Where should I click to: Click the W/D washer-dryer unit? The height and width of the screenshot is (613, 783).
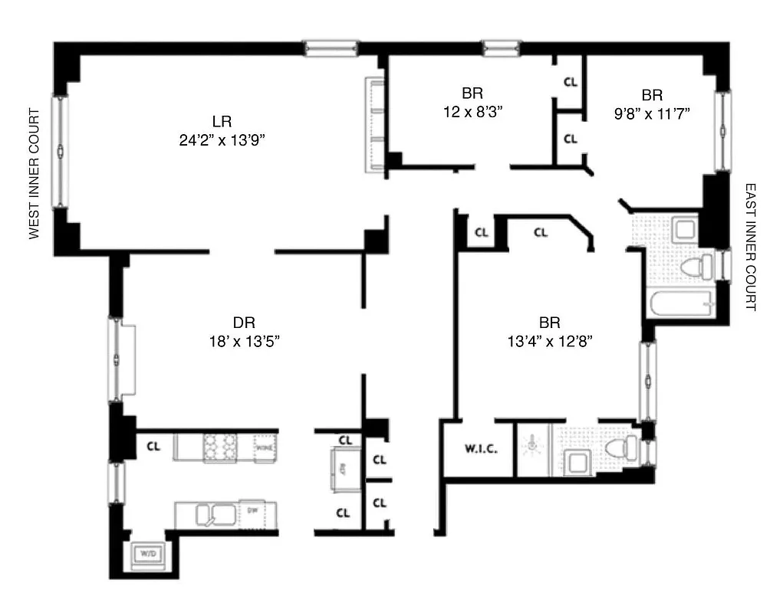coord(146,552)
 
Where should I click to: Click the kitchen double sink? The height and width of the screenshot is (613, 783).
coord(214,514)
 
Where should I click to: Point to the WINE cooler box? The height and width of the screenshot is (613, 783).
coord(265,447)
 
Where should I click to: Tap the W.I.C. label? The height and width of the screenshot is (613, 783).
coord(479,450)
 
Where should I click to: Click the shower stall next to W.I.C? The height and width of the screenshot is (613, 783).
coord(534,450)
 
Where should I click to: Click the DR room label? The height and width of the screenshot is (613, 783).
coord(244,323)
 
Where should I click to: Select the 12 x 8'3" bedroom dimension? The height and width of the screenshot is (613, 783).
coord(472,111)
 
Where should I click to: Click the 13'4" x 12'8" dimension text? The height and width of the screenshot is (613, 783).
coord(548,341)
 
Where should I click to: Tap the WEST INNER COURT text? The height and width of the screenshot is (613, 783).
coord(34,174)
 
